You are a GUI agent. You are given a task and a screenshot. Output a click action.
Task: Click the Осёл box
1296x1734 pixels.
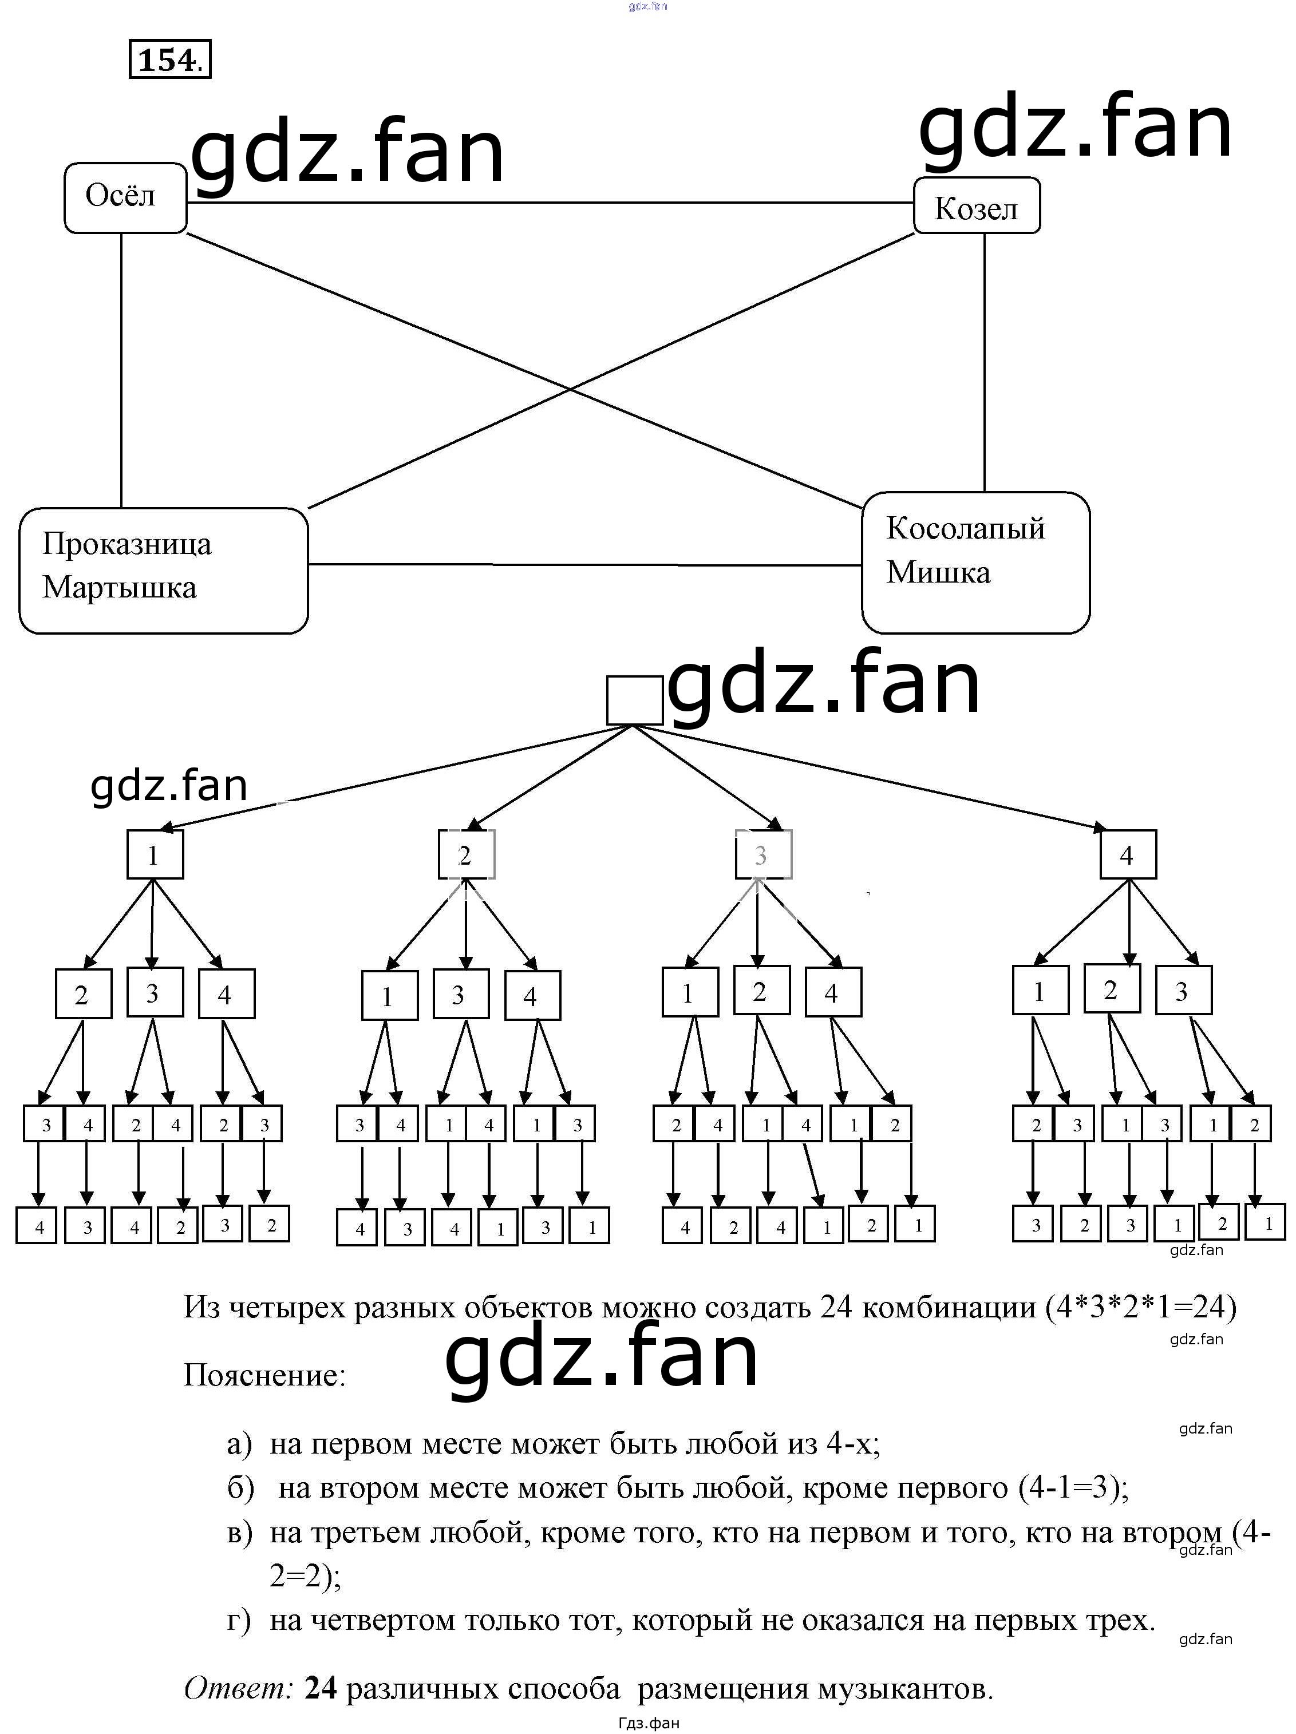point(125,197)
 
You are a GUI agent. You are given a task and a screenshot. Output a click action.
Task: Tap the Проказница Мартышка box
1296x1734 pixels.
point(163,570)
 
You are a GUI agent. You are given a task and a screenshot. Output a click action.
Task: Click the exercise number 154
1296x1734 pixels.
point(169,60)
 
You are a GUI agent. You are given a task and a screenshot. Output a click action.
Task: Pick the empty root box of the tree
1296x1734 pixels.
point(634,700)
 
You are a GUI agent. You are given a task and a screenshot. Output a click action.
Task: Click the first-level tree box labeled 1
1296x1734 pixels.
point(155,854)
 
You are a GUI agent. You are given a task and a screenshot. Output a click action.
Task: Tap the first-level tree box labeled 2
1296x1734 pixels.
point(466,854)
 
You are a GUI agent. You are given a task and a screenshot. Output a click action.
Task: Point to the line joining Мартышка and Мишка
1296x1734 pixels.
point(584,564)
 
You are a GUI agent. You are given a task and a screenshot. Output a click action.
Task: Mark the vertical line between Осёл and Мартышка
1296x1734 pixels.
point(121,369)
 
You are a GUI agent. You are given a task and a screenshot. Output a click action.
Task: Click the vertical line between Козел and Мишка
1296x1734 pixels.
point(984,361)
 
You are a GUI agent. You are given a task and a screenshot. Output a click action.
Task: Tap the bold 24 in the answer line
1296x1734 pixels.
point(321,1687)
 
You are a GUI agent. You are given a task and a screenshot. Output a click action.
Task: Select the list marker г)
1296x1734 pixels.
point(239,1620)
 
